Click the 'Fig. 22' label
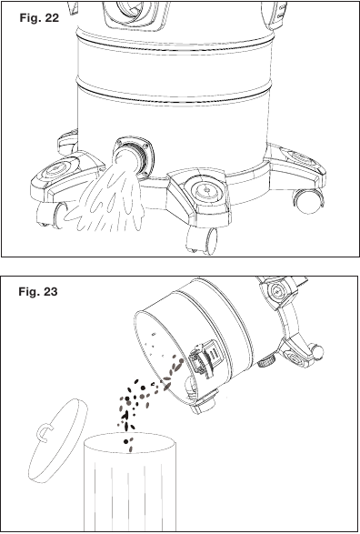[39, 17]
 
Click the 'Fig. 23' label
[38, 291]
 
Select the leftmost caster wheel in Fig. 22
[52, 215]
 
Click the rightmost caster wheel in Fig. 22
[308, 201]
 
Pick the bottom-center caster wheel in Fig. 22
[202, 240]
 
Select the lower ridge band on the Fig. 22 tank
[175, 92]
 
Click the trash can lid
[58, 440]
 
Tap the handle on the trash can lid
[42, 431]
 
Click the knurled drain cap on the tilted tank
[265, 362]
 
